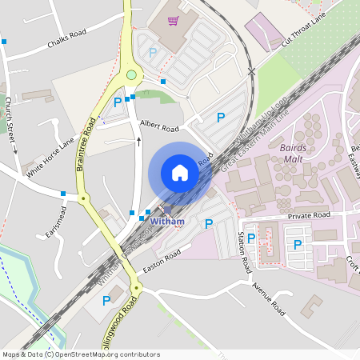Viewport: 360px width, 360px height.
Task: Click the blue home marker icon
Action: point(180,173)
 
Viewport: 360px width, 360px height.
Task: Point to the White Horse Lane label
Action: point(50,157)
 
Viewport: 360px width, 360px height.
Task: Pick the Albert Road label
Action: point(159,125)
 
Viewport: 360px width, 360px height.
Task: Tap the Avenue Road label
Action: point(268,297)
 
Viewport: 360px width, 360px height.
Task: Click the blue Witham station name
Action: point(167,222)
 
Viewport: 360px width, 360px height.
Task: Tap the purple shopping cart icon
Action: point(172,22)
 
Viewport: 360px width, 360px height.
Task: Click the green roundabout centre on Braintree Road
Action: point(131,75)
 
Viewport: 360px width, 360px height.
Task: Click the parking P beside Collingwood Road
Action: point(106,301)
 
